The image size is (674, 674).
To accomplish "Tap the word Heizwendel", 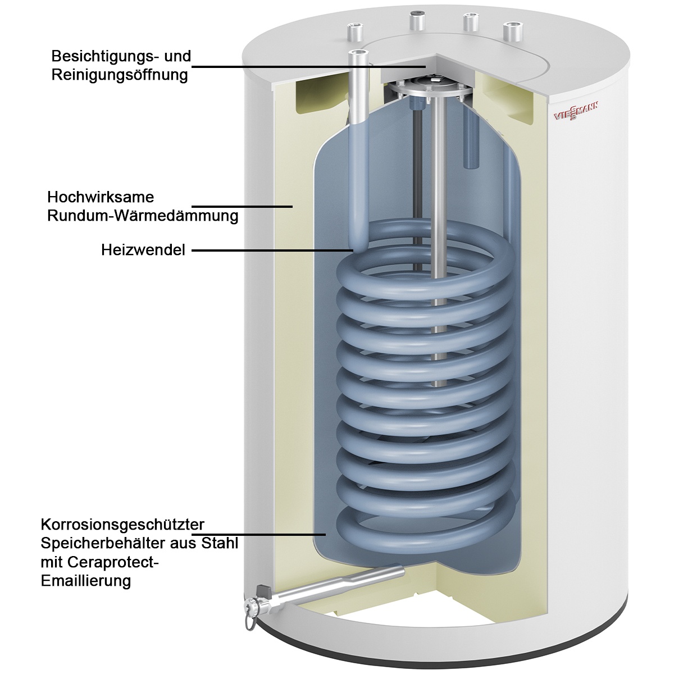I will coord(143,250).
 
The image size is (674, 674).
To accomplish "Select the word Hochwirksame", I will coord(101,198).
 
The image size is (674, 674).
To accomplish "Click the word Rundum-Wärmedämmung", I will coord(143,216).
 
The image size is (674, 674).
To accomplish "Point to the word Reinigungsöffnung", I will coord(119,75).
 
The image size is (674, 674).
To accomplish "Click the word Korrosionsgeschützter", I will coord(122,525).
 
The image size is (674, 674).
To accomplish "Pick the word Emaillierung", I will coord(86,580).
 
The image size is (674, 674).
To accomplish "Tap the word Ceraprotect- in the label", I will coord(101,562).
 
